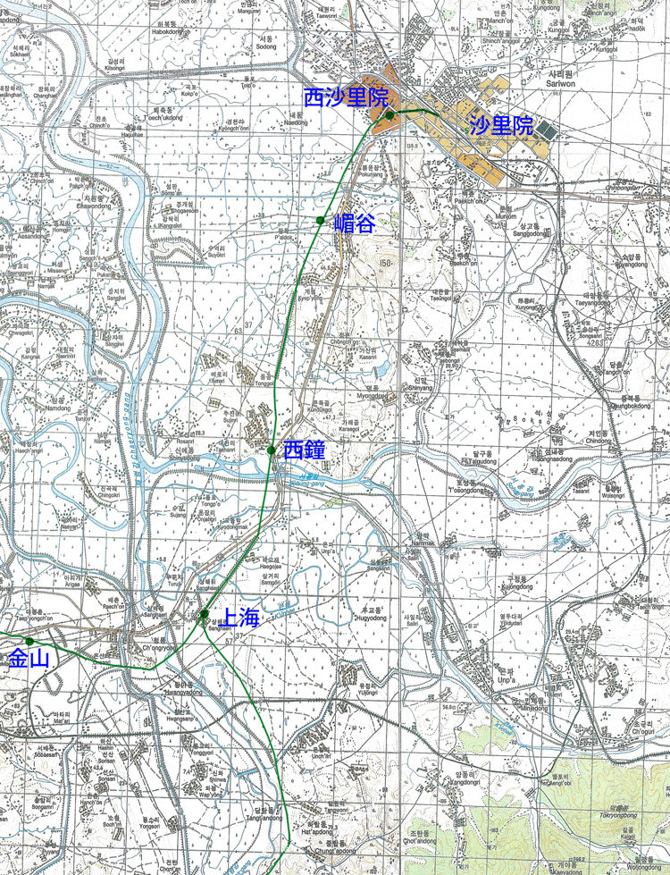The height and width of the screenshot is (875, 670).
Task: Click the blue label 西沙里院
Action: [x=340, y=99]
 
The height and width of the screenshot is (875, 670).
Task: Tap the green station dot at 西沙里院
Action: [x=390, y=115]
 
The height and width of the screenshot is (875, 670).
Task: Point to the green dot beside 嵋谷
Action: [x=320, y=220]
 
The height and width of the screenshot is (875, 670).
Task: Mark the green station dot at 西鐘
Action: [x=272, y=450]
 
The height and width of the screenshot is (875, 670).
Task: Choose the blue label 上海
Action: [x=239, y=617]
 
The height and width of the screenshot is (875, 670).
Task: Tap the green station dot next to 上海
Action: [x=205, y=614]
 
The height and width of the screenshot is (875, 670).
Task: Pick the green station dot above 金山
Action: [x=29, y=641]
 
